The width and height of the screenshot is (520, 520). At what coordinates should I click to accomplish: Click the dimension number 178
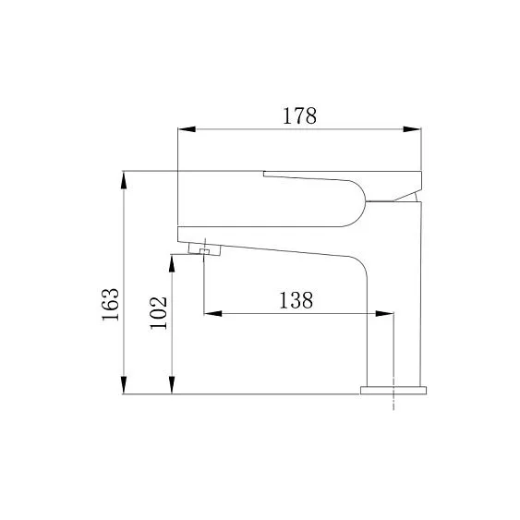tap(299, 115)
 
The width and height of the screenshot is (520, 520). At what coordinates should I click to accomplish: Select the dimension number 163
tap(111, 304)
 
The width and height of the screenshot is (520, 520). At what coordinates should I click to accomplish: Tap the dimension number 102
tap(159, 313)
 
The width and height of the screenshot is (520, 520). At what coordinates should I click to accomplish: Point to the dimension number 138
tap(296, 300)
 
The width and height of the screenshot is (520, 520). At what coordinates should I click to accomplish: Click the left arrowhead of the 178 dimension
tap(187, 129)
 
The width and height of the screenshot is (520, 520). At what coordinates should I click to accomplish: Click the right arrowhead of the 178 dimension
tap(412, 129)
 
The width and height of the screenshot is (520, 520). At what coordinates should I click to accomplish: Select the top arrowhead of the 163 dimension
tap(124, 180)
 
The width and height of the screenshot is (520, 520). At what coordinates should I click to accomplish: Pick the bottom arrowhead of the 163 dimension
tap(124, 385)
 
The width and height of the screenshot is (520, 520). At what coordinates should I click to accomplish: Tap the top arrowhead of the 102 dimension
tap(172, 263)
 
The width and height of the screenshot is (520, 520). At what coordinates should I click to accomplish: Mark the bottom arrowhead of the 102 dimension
tap(172, 385)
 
